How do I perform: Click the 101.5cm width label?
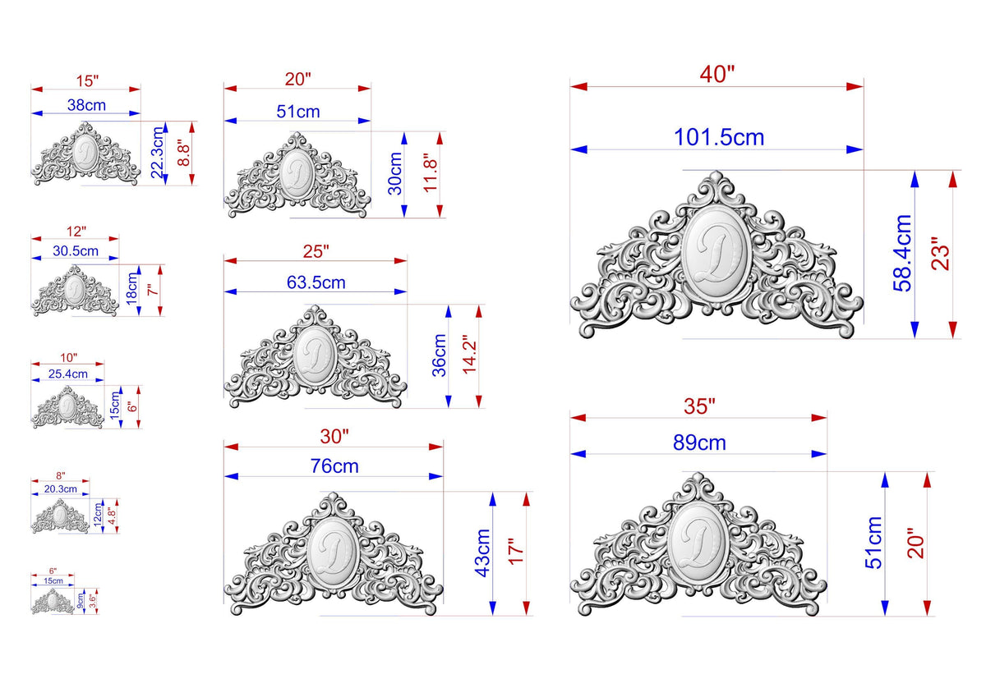coord(719,137)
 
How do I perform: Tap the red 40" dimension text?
coord(717,75)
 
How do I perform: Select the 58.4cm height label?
coord(902,254)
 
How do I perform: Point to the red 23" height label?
coord(940,254)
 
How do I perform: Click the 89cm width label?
coord(699,443)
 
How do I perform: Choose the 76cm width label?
coord(334,466)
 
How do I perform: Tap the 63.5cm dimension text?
coord(316,282)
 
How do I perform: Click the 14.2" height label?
coord(470,355)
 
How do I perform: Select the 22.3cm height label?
coord(157,153)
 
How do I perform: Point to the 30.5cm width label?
coord(76,251)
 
